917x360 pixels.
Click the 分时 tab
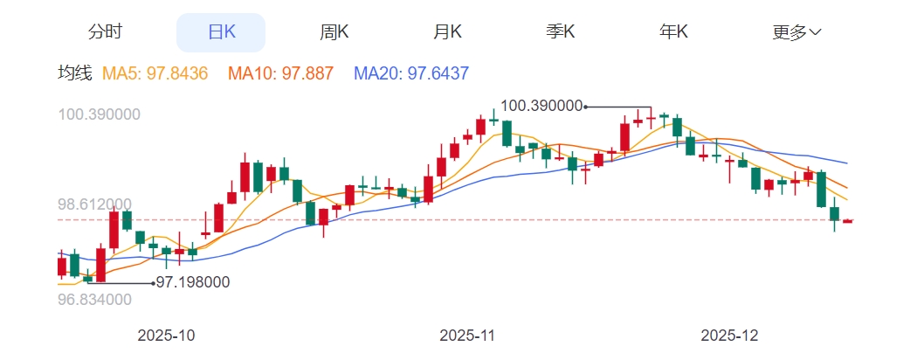(x=105, y=32)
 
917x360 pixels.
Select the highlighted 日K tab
(x=221, y=32)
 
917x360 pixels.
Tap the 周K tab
(x=334, y=32)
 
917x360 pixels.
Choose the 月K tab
(x=448, y=32)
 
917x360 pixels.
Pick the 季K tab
(x=561, y=32)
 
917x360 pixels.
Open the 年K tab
(x=673, y=32)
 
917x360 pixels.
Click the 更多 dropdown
(x=796, y=32)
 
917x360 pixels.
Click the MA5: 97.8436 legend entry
(x=155, y=74)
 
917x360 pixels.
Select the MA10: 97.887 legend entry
(x=280, y=74)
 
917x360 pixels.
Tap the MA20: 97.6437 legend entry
(x=411, y=74)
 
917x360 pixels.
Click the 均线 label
(x=74, y=74)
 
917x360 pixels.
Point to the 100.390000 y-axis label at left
(x=99, y=114)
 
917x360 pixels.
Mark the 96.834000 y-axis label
(x=94, y=300)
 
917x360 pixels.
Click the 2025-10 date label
(x=167, y=336)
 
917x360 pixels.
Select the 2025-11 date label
(x=468, y=336)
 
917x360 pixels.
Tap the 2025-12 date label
(x=731, y=336)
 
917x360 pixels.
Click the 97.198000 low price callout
(x=193, y=282)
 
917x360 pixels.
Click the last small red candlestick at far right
(x=847, y=221)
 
